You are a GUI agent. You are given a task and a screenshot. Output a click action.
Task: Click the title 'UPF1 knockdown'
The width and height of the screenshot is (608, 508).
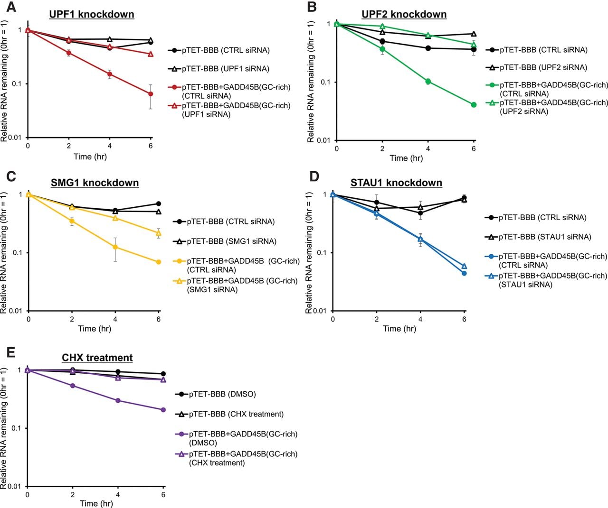tap(91, 14)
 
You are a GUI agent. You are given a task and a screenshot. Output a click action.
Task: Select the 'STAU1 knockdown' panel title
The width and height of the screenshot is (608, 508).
tap(396, 183)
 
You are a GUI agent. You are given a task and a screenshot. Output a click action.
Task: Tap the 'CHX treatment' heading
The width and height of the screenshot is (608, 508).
tap(97, 357)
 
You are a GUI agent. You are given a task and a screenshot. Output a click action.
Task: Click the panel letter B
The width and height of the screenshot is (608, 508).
tap(312, 7)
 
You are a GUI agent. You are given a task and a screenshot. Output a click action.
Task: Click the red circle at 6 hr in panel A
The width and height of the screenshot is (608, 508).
tap(151, 94)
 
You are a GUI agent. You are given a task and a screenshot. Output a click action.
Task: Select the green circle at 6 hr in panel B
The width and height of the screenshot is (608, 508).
tap(474, 105)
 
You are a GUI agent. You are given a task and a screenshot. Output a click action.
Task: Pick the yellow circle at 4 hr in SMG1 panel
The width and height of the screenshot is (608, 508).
tap(115, 247)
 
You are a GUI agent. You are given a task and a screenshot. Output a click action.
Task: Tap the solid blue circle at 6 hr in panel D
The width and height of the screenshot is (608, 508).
tap(464, 273)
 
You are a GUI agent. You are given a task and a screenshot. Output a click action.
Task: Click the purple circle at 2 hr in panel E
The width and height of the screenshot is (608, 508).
tap(73, 386)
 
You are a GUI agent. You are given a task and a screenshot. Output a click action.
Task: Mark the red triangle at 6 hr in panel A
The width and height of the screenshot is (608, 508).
tap(151, 54)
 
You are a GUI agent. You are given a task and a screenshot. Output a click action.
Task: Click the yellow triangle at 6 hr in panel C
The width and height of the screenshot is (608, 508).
tap(158, 233)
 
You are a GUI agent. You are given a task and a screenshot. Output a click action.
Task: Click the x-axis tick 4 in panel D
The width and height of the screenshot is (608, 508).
tap(420, 319)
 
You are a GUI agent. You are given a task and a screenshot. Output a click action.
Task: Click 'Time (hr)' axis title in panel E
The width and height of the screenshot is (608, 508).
tap(96, 503)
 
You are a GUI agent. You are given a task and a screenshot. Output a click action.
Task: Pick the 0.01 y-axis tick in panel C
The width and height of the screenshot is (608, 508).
tap(16, 311)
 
